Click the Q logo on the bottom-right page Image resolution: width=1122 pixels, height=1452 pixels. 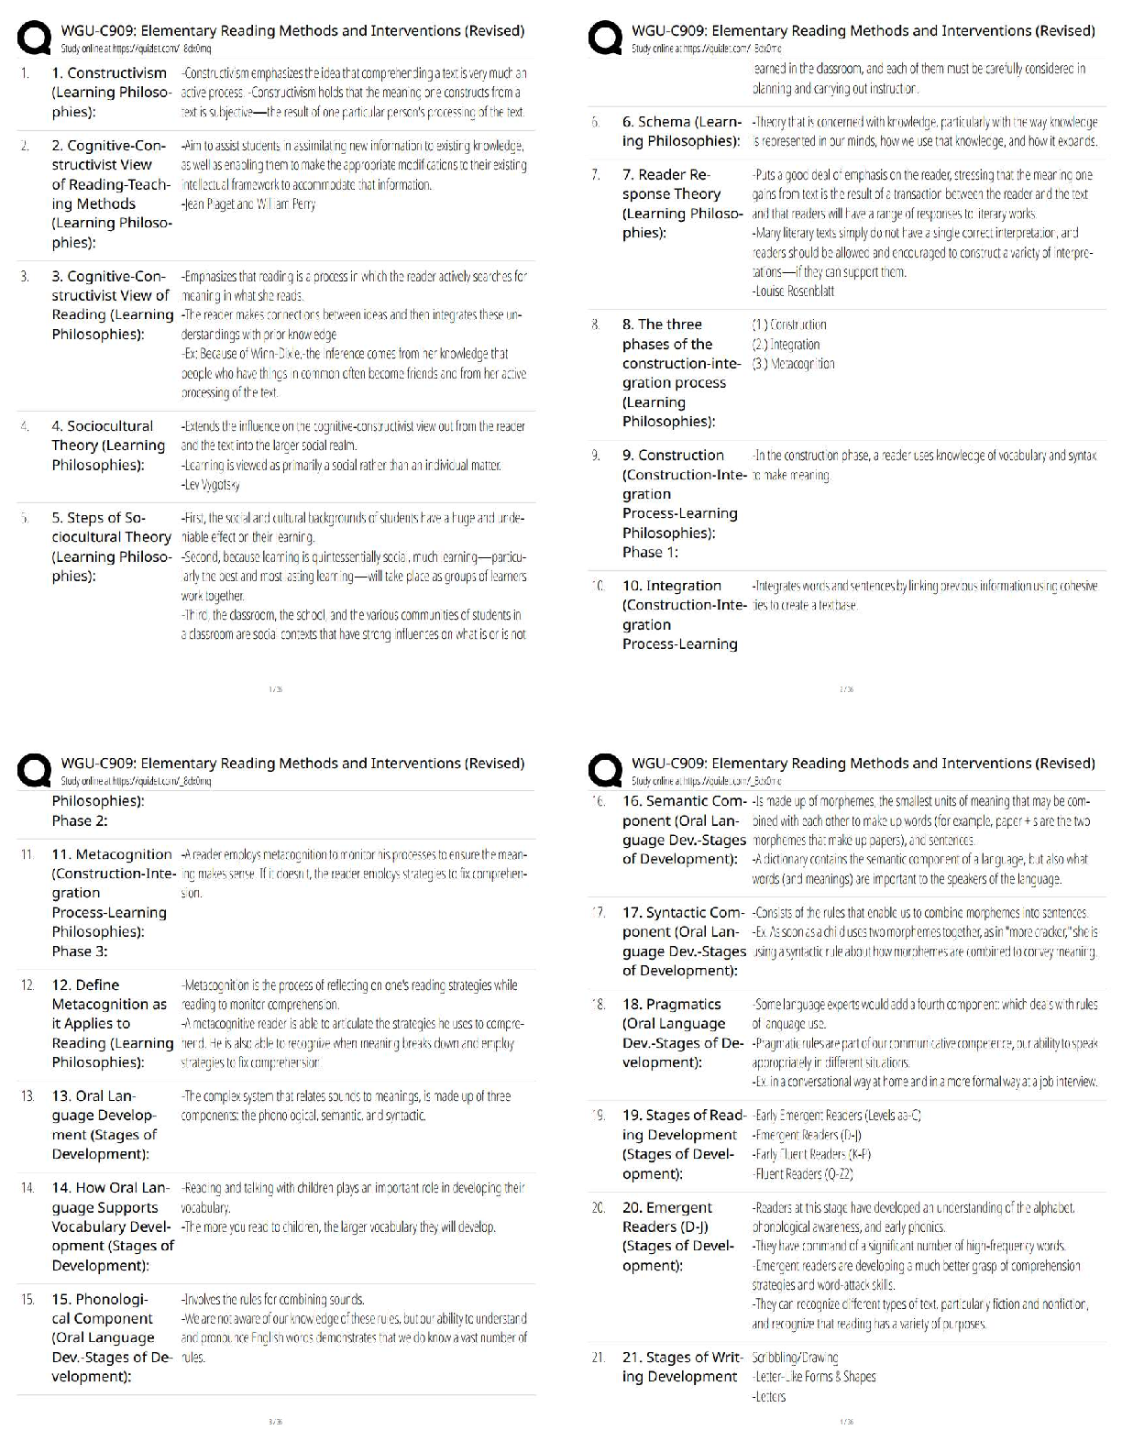606,772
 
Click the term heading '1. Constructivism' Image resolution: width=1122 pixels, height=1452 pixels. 109,72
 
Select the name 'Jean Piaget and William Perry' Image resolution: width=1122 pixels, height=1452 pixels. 248,204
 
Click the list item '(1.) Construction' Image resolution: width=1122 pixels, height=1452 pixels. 789,324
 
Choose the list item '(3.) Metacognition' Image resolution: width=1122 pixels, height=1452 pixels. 794,364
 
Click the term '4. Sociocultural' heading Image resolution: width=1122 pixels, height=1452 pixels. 102,425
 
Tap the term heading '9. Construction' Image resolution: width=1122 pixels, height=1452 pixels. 673,455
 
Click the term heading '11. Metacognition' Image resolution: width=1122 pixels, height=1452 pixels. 112,854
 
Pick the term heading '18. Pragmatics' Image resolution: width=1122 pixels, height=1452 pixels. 672,1004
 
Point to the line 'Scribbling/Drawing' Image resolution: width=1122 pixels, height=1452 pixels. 795,1358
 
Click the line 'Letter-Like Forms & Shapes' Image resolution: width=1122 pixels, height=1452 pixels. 814,1377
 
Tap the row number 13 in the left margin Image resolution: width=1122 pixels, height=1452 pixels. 27,1095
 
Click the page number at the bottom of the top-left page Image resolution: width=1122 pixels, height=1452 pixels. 275,689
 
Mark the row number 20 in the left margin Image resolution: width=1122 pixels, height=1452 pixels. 599,1207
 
